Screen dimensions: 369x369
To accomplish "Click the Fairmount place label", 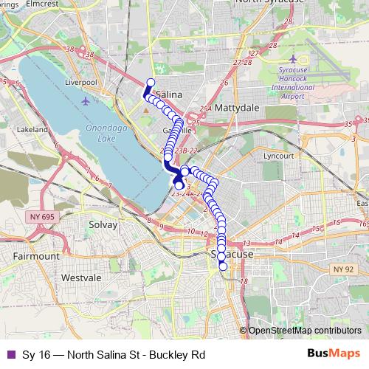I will [x=36, y=255].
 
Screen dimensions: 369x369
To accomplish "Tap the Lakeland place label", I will [x=32, y=129].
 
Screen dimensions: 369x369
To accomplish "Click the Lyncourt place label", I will [x=279, y=156].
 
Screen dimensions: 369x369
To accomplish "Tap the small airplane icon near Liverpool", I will [x=87, y=100].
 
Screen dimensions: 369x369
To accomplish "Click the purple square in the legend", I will [x=10, y=354].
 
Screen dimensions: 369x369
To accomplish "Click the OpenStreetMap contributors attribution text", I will [x=304, y=331].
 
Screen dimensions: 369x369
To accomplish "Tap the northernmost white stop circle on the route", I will [x=151, y=83].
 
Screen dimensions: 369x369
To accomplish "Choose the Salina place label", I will [x=170, y=95].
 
